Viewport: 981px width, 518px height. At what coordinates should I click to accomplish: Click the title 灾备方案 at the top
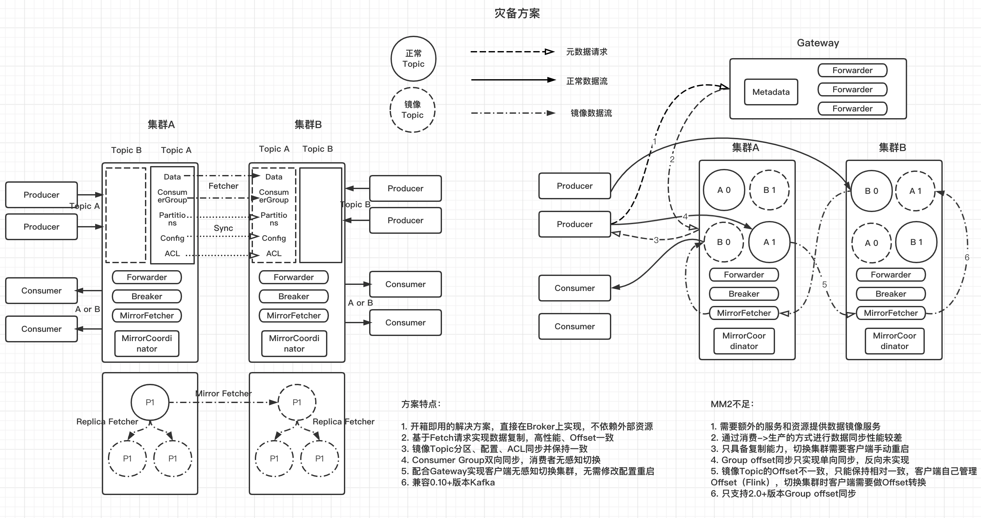[x=517, y=13]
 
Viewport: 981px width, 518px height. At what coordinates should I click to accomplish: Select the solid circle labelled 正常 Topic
[x=413, y=59]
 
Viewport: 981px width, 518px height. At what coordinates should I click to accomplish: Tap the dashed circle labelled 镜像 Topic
[x=413, y=110]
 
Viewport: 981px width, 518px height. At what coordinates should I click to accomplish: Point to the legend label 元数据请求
[x=587, y=52]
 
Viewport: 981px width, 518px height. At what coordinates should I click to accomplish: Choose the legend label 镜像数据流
[x=591, y=113]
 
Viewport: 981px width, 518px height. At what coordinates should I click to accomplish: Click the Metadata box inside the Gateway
[x=771, y=92]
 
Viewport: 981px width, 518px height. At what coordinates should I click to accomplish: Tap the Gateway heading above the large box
[x=817, y=43]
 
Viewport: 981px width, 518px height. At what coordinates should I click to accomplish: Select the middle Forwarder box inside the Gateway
[x=852, y=89]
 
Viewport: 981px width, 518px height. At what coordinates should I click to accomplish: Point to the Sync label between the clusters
[x=223, y=228]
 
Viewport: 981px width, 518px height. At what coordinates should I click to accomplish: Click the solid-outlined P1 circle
[x=150, y=402]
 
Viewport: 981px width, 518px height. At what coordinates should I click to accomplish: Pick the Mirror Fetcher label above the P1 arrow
[x=223, y=393]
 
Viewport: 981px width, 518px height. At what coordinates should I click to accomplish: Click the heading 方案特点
[x=421, y=404]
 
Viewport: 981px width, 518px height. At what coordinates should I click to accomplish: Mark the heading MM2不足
[x=732, y=404]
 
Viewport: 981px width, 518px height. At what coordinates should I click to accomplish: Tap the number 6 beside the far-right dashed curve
[x=967, y=257]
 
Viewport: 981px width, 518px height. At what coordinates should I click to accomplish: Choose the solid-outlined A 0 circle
[x=724, y=190]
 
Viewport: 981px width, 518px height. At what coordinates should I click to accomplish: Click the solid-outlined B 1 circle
[x=916, y=242]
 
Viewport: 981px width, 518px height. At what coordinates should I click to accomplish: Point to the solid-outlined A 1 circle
[x=769, y=242]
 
